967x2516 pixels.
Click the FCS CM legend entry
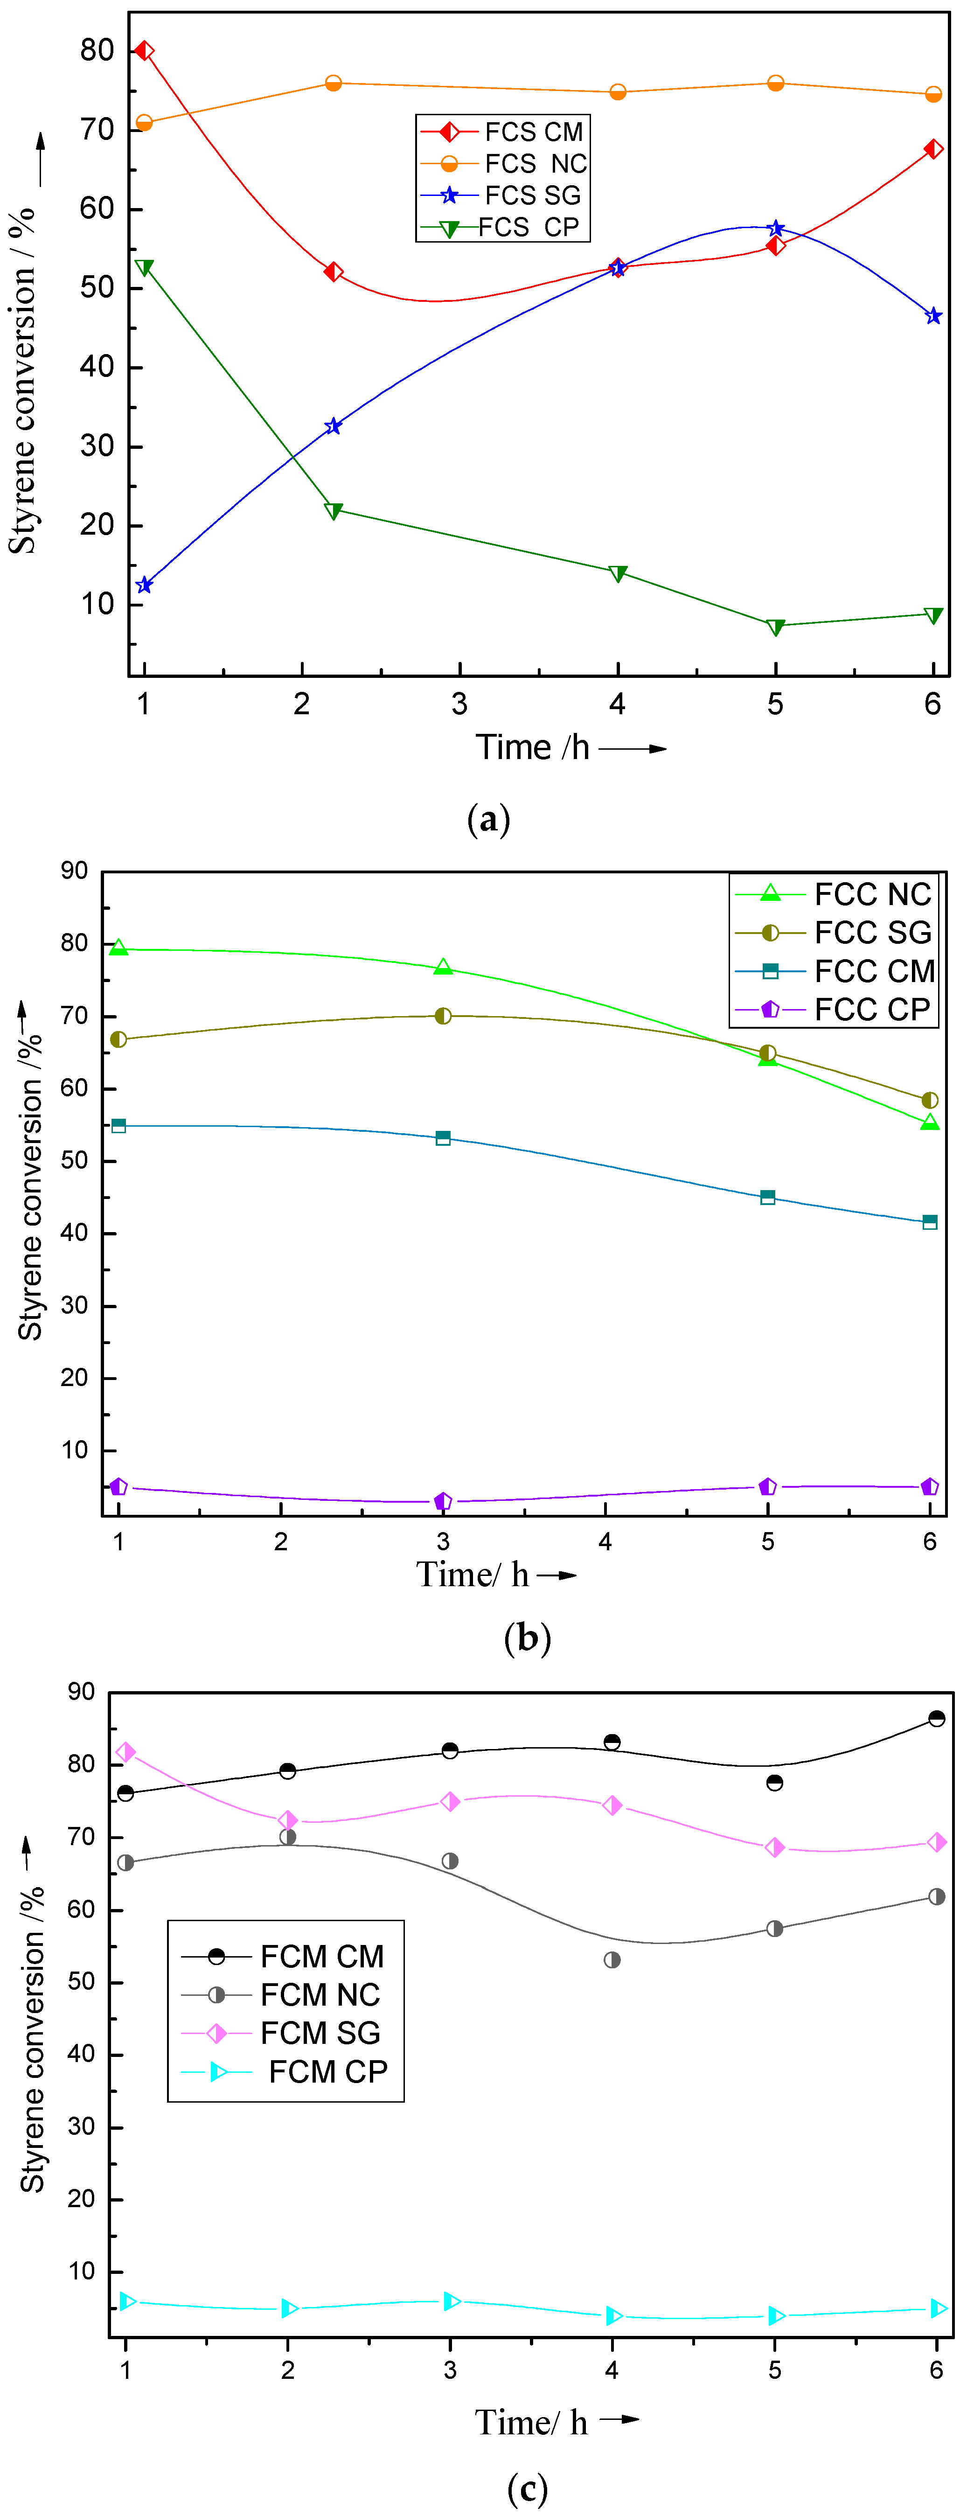(503, 132)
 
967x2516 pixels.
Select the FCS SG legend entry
(503, 195)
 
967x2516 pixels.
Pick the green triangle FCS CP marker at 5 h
(776, 626)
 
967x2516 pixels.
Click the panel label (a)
(488, 818)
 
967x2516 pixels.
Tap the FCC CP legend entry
(835, 1009)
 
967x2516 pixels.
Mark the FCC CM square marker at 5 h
(768, 1198)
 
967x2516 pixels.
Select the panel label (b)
(528, 1637)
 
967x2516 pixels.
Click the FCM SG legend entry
(283, 2033)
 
